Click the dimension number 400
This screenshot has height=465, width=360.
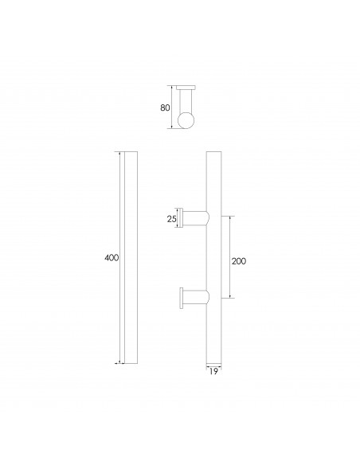point(111,258)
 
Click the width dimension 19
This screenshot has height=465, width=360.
point(213,371)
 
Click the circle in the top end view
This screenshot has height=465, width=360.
point(187,120)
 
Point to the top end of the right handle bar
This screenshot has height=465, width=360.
point(213,152)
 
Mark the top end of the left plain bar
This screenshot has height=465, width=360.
point(131,152)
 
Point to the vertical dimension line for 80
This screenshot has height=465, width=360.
point(173,107)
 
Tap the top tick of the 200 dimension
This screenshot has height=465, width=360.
point(231,216)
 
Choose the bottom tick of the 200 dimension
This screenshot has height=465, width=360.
point(231,298)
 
